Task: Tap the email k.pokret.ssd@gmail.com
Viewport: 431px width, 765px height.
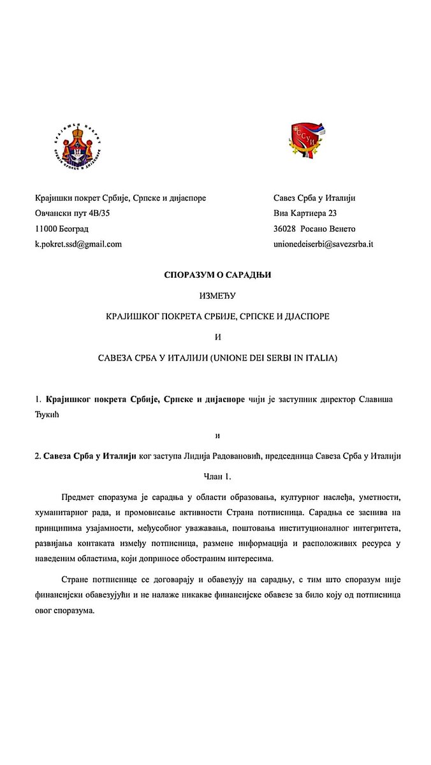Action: (x=78, y=244)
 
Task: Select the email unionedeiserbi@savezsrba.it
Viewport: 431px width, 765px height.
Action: (x=323, y=244)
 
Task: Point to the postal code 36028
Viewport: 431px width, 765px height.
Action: (x=285, y=229)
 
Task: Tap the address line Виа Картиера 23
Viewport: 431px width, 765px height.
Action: (x=305, y=213)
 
